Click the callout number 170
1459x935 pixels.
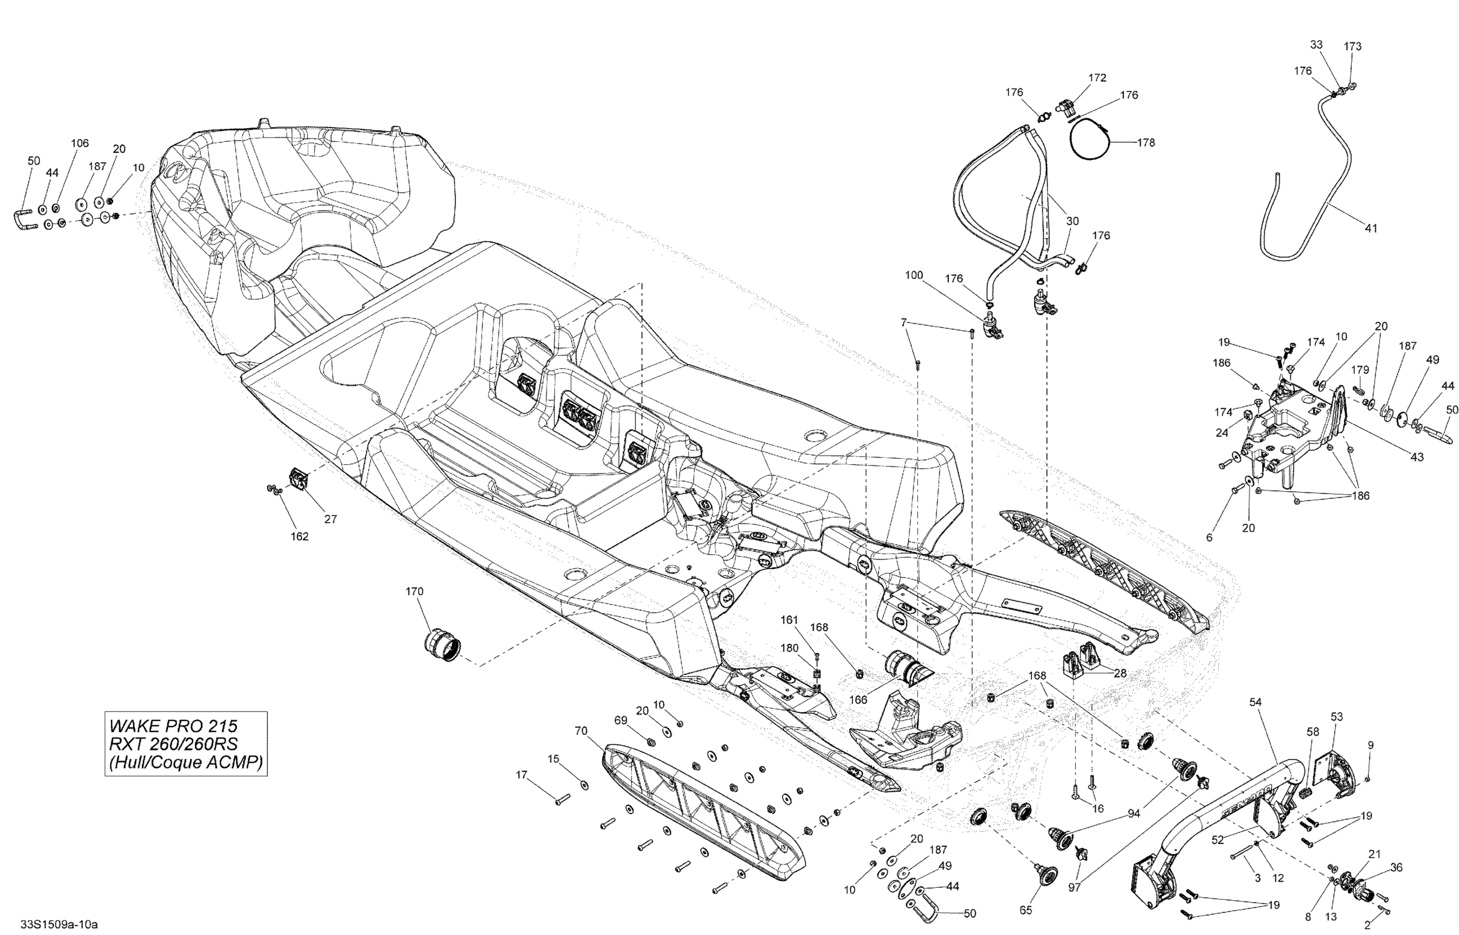[x=414, y=591]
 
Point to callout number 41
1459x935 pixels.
[x=1371, y=228]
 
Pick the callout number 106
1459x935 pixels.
[x=80, y=144]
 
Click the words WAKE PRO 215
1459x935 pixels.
[x=173, y=726]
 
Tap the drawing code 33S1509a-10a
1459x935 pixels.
[x=59, y=924]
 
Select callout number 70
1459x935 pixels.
[x=581, y=731]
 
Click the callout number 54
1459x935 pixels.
[x=1255, y=702]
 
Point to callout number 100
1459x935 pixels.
[x=914, y=275]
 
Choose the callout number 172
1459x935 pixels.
[x=1097, y=78]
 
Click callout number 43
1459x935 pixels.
[x=1417, y=457]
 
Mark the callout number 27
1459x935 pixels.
[x=330, y=519]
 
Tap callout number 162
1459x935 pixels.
[x=299, y=537]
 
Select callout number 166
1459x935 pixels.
[x=857, y=700]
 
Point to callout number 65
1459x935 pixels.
[x=1025, y=910]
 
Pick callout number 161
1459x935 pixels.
[x=789, y=620]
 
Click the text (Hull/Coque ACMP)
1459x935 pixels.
[x=186, y=762]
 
